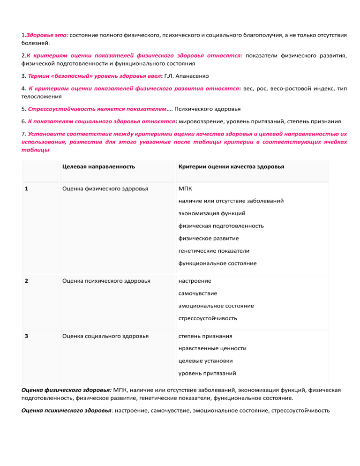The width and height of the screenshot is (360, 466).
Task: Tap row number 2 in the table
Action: [26, 281]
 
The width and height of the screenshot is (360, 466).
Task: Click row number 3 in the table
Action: [26, 336]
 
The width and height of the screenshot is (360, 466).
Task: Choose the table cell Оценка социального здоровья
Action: [105, 336]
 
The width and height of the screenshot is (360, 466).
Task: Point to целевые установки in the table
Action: [205, 361]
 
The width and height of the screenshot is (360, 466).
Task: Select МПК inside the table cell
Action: [185, 188]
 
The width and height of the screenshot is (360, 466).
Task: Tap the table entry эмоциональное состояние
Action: [216, 306]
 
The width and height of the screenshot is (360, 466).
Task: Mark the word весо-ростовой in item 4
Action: [290, 88]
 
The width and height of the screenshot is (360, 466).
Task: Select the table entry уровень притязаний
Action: [207, 374]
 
